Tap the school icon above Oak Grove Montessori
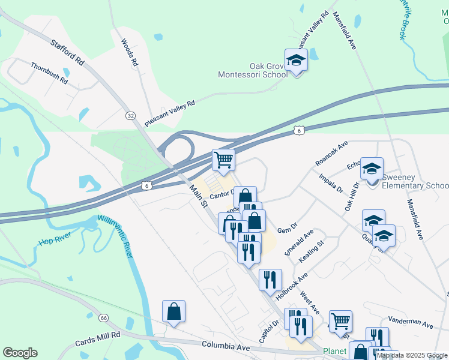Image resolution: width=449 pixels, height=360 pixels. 296,60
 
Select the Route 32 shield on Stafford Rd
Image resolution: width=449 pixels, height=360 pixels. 130,115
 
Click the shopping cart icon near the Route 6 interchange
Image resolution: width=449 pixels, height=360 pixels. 223,160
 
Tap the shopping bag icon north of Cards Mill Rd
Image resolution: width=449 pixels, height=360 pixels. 173,311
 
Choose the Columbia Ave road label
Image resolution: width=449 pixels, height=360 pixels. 226,346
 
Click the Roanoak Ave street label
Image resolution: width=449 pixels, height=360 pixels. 331,154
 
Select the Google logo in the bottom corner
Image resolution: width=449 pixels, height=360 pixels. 20,353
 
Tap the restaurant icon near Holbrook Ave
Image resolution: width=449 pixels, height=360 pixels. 270,279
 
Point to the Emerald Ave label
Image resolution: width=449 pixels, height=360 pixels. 300,242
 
